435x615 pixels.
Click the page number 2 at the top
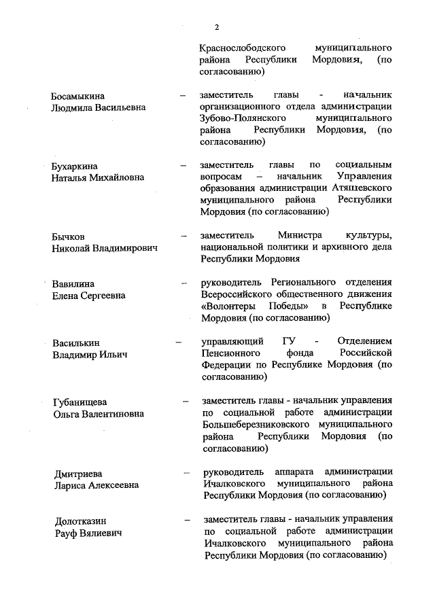(217, 27)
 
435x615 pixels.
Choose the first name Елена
(65, 296)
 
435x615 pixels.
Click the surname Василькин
(76, 342)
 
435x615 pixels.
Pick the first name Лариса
(71, 485)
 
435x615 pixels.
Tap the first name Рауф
(67, 533)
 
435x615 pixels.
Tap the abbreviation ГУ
(286, 342)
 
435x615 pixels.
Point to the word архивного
(340, 247)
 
